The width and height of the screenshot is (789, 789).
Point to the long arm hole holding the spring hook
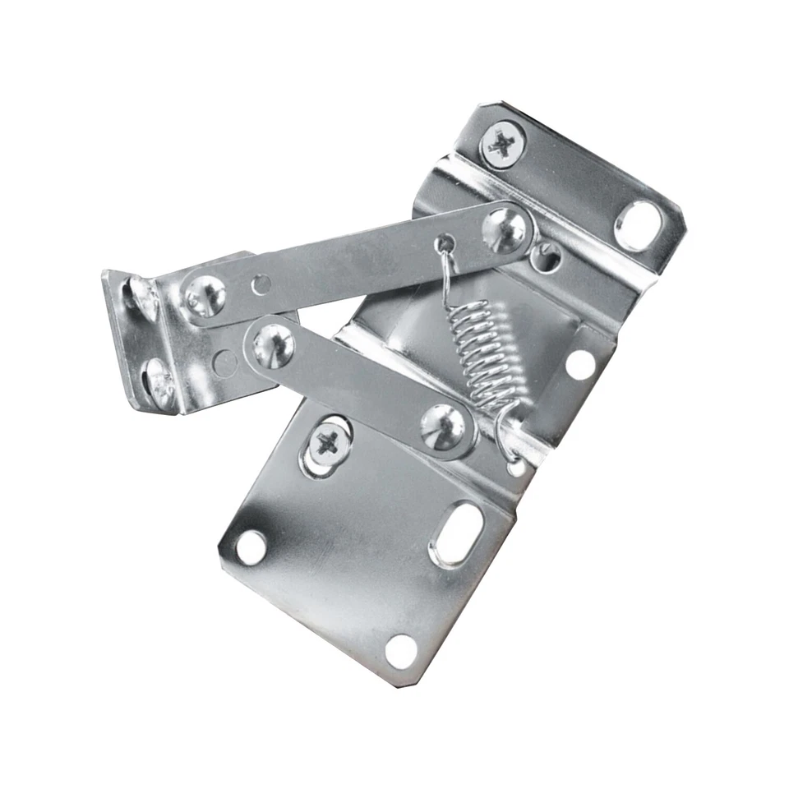pyautogui.click(x=445, y=243)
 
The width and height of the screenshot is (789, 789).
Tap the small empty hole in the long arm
pyautogui.click(x=261, y=284)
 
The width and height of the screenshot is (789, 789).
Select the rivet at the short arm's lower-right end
pyautogui.click(x=444, y=427)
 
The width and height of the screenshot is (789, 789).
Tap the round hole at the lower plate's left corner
pyautogui.click(x=251, y=546)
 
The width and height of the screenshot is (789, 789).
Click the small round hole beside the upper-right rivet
pyautogui.click(x=543, y=256)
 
